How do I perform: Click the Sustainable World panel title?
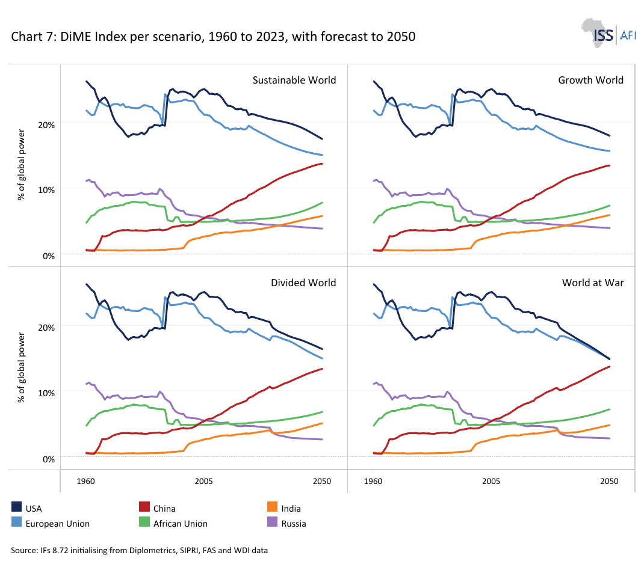tap(294, 80)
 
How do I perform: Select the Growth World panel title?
tap(590, 80)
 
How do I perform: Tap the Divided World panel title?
tap(303, 283)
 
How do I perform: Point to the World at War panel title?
tap(593, 283)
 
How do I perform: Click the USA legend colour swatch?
tap(16, 507)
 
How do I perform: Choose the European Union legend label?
tap(58, 524)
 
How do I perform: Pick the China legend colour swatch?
tap(144, 507)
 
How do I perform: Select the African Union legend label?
tap(181, 524)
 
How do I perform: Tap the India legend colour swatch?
tap(272, 507)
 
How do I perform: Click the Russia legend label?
tap(294, 524)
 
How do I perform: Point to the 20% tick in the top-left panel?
tap(46, 124)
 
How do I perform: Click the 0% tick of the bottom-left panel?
tap(49, 459)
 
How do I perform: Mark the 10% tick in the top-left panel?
tap(46, 190)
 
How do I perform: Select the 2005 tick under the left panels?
tap(203, 482)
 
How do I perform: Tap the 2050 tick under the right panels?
tap(609, 482)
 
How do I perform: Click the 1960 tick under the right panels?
tap(373, 482)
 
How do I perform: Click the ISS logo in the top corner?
tap(608, 33)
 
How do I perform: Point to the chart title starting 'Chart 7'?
tap(213, 37)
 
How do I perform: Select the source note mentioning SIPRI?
tap(139, 550)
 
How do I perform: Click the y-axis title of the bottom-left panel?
tap(21, 368)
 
